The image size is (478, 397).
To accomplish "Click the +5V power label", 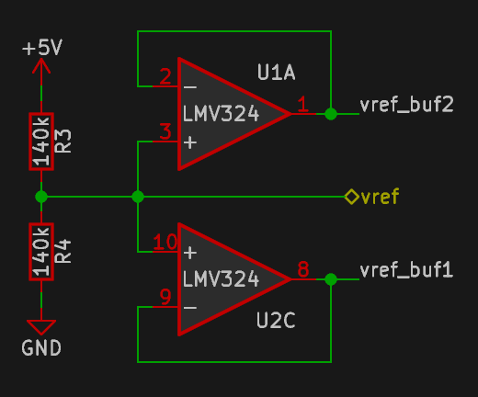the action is click(42, 48).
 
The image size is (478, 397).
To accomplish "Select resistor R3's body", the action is click(41, 142).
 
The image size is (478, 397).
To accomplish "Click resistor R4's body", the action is click(41, 252).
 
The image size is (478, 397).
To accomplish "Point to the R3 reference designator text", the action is click(63, 142).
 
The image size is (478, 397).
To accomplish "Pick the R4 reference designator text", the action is click(63, 252).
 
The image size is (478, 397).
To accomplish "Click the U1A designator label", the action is click(276, 73).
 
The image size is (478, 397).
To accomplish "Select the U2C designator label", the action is click(276, 321).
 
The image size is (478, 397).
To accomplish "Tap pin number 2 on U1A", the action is click(165, 76).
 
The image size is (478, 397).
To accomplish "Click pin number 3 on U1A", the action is click(165, 131).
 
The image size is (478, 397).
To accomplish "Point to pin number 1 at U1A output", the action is click(302, 104).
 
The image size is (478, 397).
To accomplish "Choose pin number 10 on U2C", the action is click(165, 242).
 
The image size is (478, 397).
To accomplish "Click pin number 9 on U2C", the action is click(165, 297).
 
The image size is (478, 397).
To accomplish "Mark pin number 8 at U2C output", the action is click(303, 269).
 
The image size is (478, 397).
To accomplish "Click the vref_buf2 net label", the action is click(406, 105).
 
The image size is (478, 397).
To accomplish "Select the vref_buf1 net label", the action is click(406, 270).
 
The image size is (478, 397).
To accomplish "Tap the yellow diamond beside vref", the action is click(352, 197).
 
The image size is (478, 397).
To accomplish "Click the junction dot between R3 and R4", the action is click(41, 197).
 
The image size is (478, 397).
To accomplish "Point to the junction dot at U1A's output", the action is click(331, 114).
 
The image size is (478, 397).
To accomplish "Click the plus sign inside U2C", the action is click(190, 253).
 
